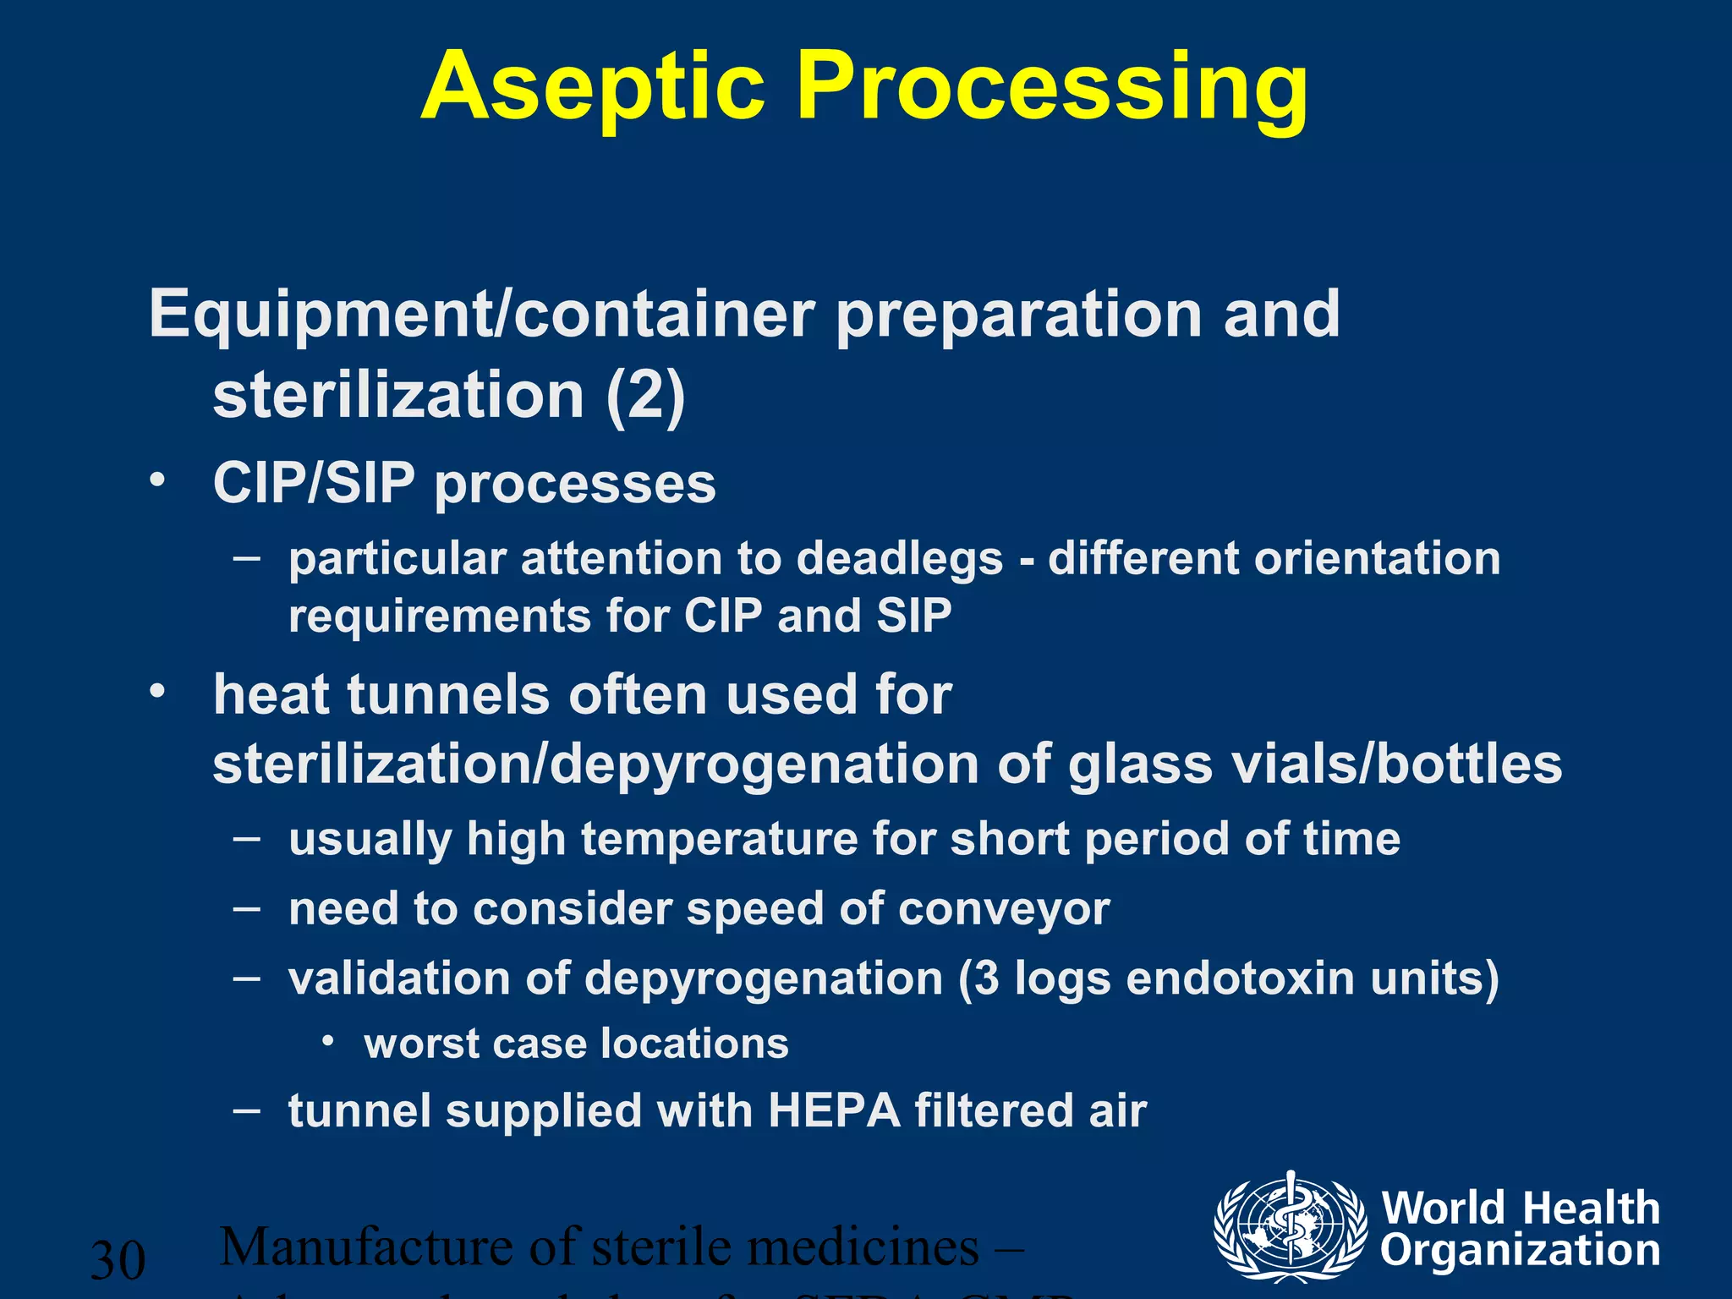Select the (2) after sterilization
tap(645, 396)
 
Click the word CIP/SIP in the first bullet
tap(314, 484)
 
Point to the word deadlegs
tap(900, 560)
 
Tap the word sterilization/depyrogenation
tap(597, 765)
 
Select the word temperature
tap(719, 840)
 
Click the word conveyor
tap(1004, 909)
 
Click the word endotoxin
tap(1241, 978)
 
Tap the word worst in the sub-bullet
tap(421, 1044)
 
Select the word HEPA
tap(834, 1110)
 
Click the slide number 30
tap(118, 1260)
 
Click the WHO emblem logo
tap(1290, 1226)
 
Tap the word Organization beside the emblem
tap(1520, 1250)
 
